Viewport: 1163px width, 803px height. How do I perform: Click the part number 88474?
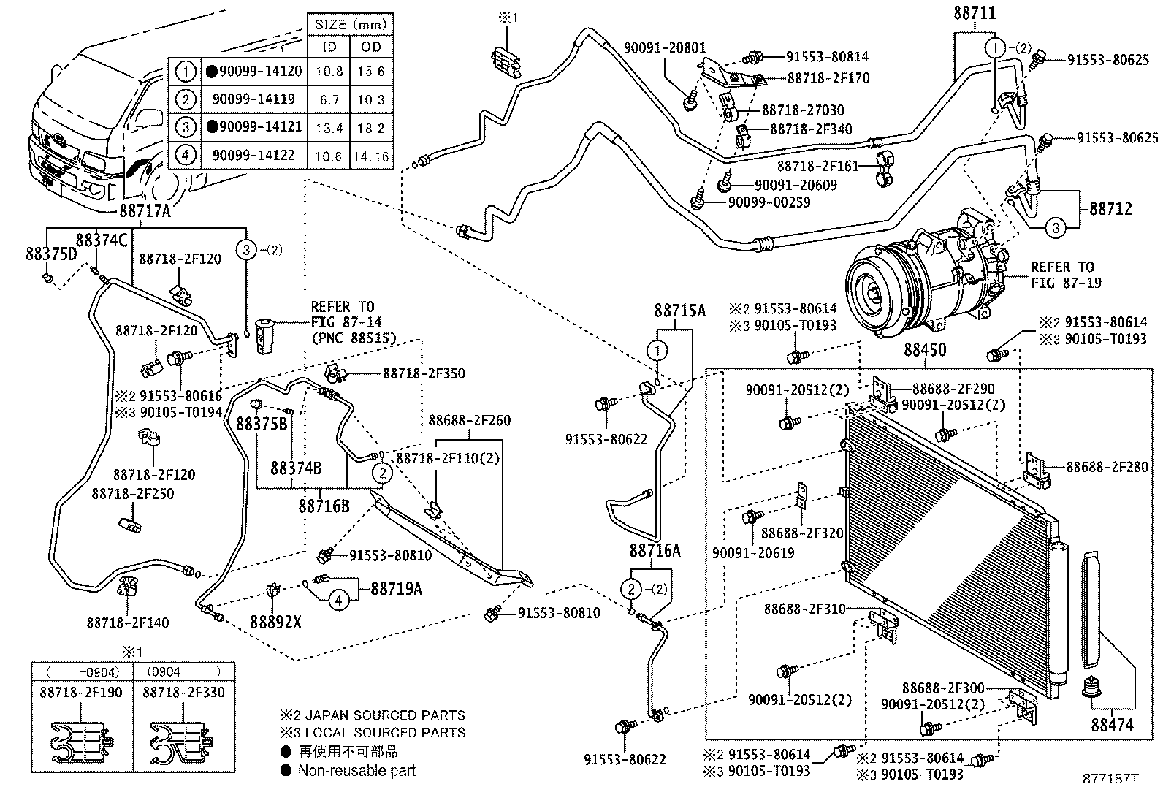click(x=1113, y=725)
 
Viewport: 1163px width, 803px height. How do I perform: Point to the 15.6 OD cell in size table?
click(x=371, y=72)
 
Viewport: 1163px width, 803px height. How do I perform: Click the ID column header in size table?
click(x=330, y=47)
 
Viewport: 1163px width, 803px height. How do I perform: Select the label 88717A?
click(x=145, y=212)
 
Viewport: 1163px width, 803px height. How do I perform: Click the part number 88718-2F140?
click(x=127, y=623)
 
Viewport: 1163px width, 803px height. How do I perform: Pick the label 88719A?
click(x=396, y=588)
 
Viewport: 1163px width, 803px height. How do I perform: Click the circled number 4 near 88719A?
click(x=338, y=601)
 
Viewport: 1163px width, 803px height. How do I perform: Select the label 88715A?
click(x=679, y=311)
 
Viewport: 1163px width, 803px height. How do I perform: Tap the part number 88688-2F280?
click(x=1106, y=467)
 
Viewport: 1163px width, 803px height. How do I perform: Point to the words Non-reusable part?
click(x=356, y=770)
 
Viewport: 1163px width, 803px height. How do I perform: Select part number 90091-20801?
click(x=665, y=48)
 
